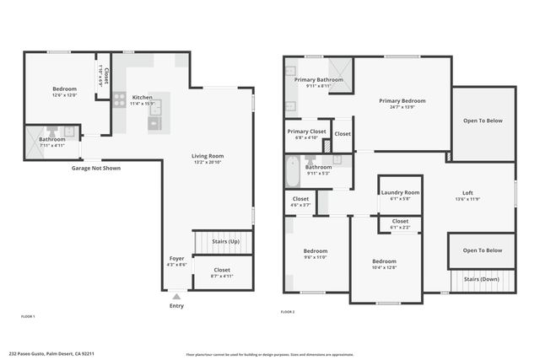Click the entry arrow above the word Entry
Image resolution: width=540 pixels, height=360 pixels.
point(176,297)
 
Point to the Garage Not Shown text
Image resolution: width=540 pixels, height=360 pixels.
point(95,168)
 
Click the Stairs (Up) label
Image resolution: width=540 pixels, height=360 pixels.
point(225,242)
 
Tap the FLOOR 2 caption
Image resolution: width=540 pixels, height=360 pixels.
point(289,312)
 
